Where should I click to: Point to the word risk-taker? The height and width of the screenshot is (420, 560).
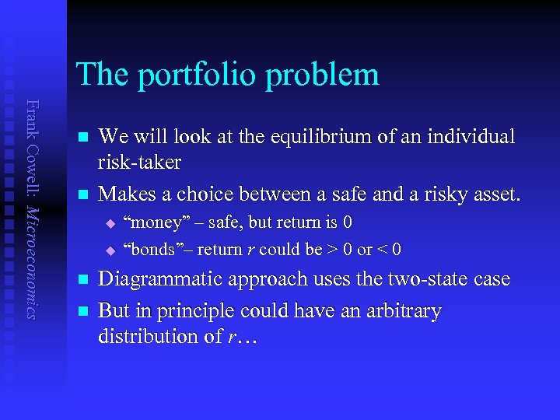[139, 163]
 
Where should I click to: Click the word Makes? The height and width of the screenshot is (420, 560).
[124, 193]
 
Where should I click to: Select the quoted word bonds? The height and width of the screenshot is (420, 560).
[152, 250]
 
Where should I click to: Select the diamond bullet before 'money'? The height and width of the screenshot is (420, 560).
[110, 224]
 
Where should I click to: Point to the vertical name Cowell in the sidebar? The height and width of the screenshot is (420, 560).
[30, 166]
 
